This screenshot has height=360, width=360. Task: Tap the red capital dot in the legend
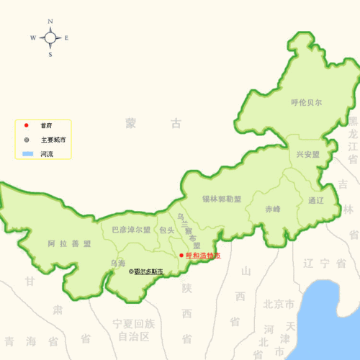point(26,126)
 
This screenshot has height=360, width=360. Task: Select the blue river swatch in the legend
point(27,154)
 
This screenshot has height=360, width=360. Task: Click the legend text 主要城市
point(53,140)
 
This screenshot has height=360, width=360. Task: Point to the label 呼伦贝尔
point(307,102)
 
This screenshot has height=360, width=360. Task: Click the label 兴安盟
point(307,154)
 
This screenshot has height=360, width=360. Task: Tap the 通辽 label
point(316,199)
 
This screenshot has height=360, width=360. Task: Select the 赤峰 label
point(273,209)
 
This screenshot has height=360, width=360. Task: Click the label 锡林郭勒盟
point(222,198)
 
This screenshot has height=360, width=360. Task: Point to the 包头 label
point(167,230)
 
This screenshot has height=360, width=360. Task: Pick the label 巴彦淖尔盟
point(131,230)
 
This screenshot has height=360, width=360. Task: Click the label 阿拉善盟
point(70,243)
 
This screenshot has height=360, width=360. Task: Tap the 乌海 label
point(118,263)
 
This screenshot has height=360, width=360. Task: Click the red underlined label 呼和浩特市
point(203,256)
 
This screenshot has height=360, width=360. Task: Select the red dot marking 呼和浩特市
point(181,255)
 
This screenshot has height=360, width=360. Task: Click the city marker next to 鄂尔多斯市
point(131,271)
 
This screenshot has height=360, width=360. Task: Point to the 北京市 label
point(279,303)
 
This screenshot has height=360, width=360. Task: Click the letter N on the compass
point(50,22)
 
